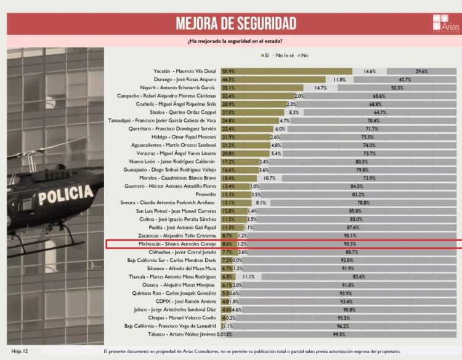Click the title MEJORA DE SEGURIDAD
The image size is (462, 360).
[x=236, y=23]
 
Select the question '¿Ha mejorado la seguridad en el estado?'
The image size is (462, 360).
[x=235, y=41]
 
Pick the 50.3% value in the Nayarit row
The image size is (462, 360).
[x=397, y=88]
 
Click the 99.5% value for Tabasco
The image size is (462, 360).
[x=355, y=334]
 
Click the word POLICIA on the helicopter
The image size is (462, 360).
[x=64, y=195]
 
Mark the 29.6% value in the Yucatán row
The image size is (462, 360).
[x=422, y=71]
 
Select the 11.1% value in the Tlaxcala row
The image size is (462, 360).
[x=249, y=277]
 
